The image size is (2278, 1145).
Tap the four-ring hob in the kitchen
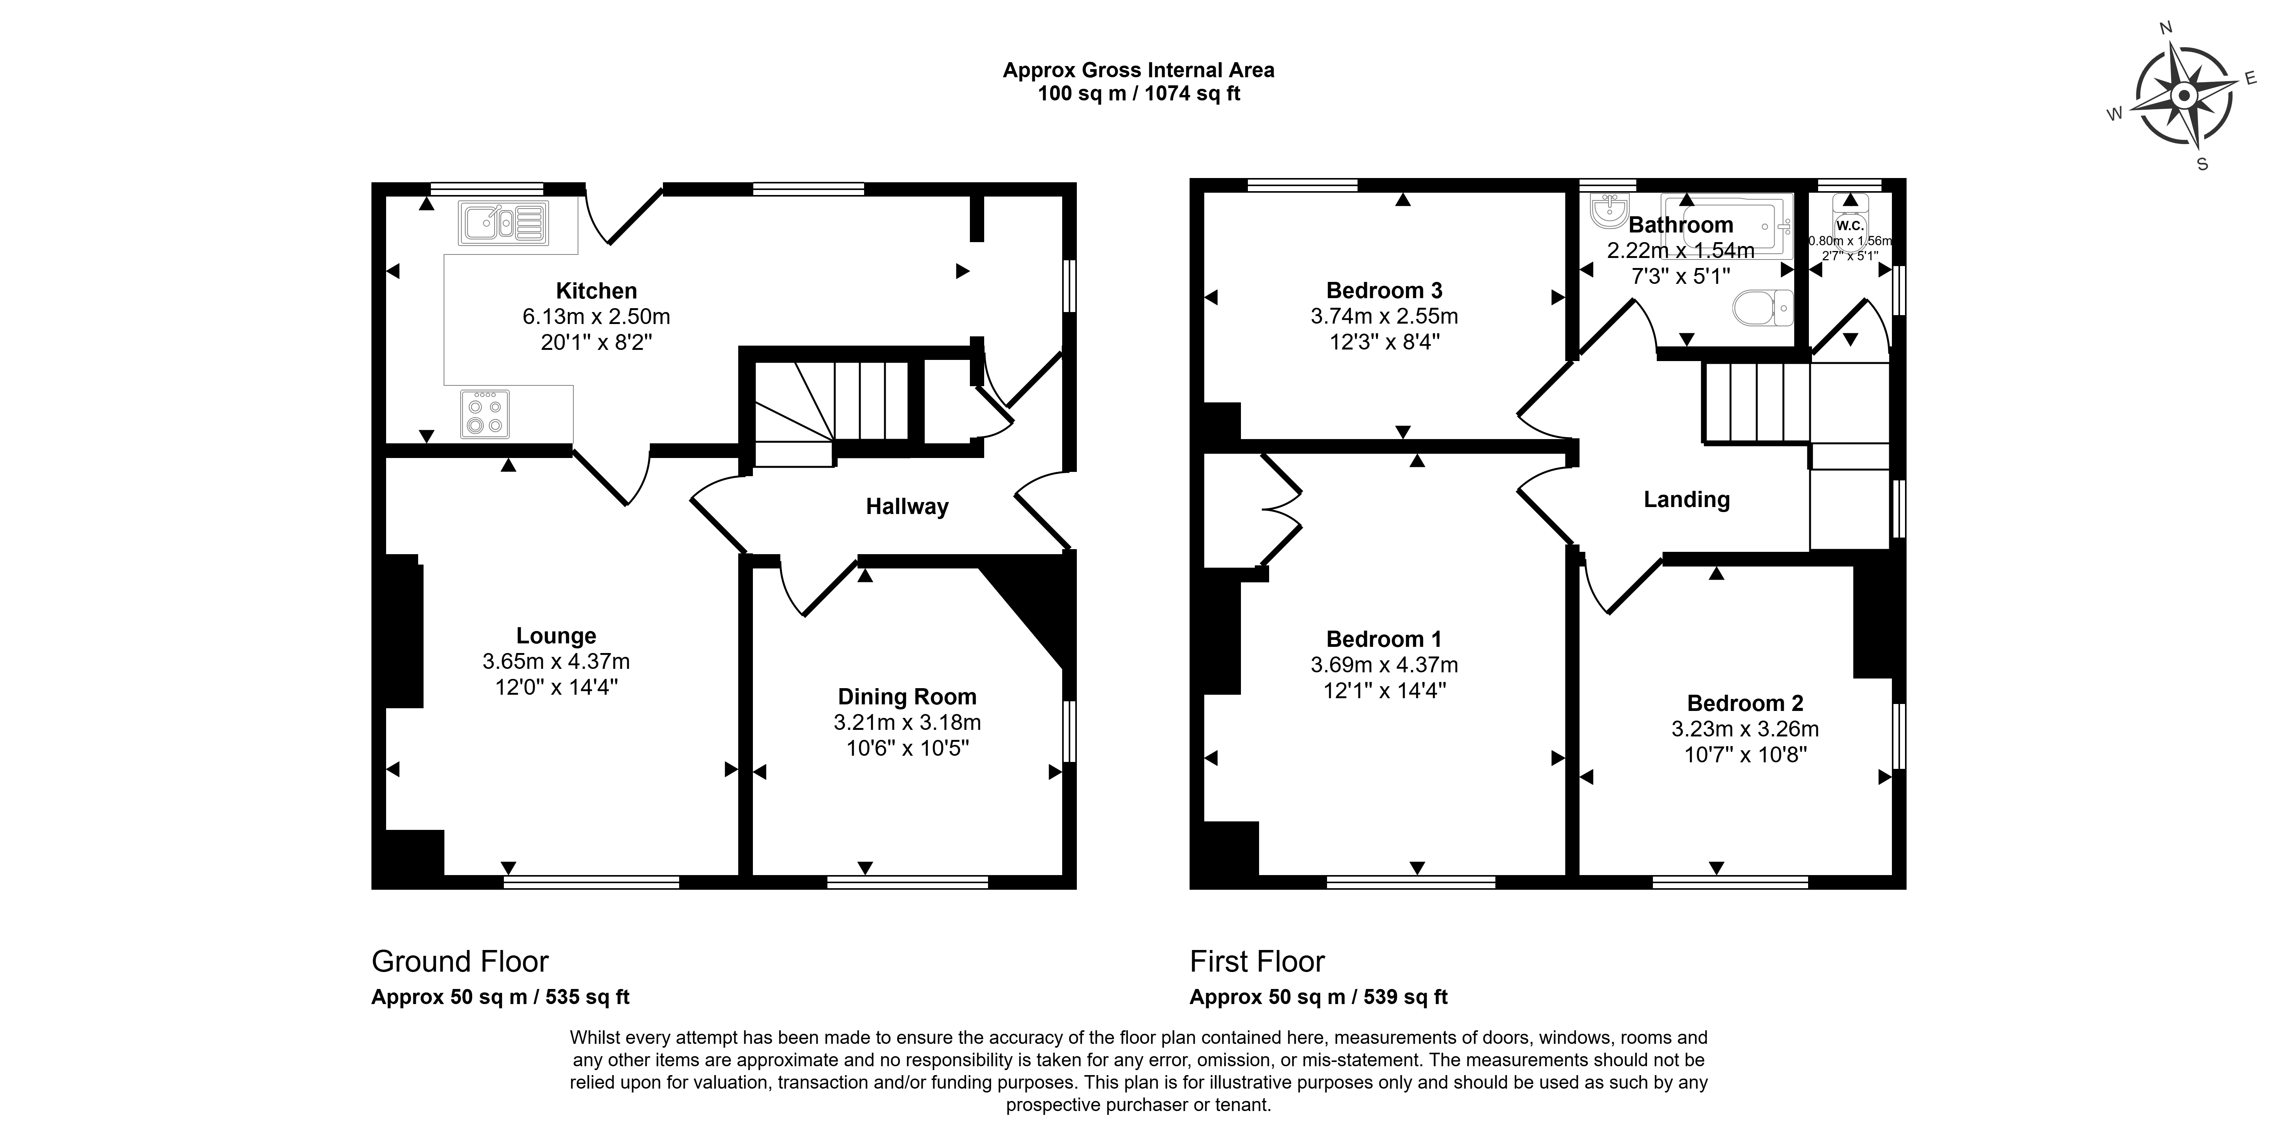pos(485,414)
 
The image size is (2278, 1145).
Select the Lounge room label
pos(556,636)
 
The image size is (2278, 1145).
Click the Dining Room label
pos(907,697)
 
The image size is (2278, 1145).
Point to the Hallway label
pos(907,507)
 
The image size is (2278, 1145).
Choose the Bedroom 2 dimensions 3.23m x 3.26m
pos(1745,729)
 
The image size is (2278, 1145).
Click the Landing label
pos(1686,500)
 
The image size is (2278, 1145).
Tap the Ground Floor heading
pos(460,961)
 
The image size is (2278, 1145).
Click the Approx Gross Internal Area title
pos(1139,70)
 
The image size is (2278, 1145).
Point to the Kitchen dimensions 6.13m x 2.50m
pos(597,316)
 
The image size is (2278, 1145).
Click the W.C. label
pos(1850,226)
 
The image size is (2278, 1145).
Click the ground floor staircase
pos(831,411)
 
